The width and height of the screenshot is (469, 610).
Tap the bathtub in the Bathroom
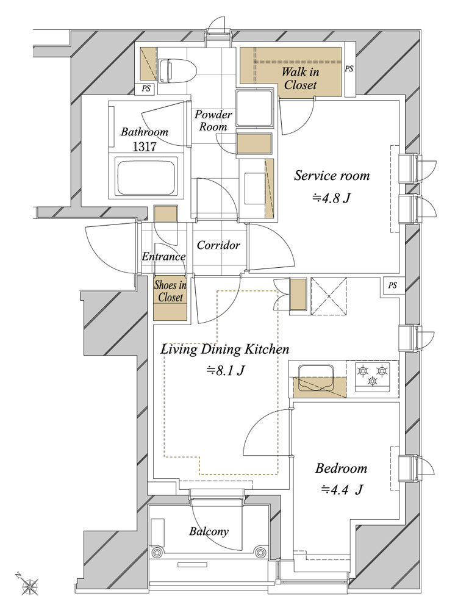point(145,178)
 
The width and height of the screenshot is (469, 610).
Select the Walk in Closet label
point(300,78)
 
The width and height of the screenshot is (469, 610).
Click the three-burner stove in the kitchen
point(373,375)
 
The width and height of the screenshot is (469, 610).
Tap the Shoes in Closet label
point(170,291)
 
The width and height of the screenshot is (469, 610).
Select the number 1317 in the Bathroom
point(145,146)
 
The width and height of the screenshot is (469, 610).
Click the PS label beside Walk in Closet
point(349,68)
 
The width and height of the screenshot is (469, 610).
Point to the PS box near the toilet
point(146,88)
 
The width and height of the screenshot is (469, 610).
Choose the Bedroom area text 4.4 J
point(342,489)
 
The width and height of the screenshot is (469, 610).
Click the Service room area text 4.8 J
point(331,198)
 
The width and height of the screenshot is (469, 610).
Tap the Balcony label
point(209,531)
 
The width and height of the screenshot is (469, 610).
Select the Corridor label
point(218,245)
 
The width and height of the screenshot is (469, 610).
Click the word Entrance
point(163,256)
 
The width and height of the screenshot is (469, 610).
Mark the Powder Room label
point(213,121)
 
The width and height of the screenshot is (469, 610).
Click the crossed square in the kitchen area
point(329,296)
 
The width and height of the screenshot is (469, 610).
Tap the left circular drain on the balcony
point(157,551)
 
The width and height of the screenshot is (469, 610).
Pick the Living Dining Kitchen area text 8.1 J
point(225,370)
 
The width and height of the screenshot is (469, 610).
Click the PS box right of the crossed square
point(392,286)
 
